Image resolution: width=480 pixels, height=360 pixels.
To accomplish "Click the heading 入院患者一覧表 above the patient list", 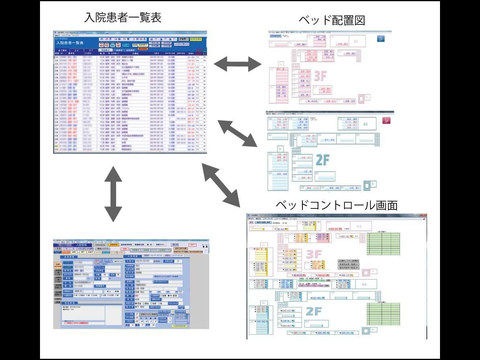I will click(122, 18).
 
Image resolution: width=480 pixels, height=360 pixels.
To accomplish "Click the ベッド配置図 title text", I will click(332, 20).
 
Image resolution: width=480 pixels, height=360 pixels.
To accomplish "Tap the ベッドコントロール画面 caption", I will click(336, 206).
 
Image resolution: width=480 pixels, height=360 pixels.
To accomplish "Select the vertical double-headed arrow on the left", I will click(113, 193).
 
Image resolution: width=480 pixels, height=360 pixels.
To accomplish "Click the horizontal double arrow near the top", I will click(238, 64).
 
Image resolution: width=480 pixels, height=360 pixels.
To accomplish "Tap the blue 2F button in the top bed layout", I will click(381, 39).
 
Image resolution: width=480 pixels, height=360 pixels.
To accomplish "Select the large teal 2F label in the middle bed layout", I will click(322, 160).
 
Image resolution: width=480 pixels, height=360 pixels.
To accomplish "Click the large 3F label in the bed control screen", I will click(314, 254).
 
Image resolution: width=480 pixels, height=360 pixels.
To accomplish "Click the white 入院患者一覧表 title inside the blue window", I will click(70, 42).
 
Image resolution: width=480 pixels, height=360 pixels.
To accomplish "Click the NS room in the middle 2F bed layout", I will click(365, 124).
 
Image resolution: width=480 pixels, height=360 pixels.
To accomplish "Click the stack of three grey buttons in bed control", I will click(348, 264).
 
